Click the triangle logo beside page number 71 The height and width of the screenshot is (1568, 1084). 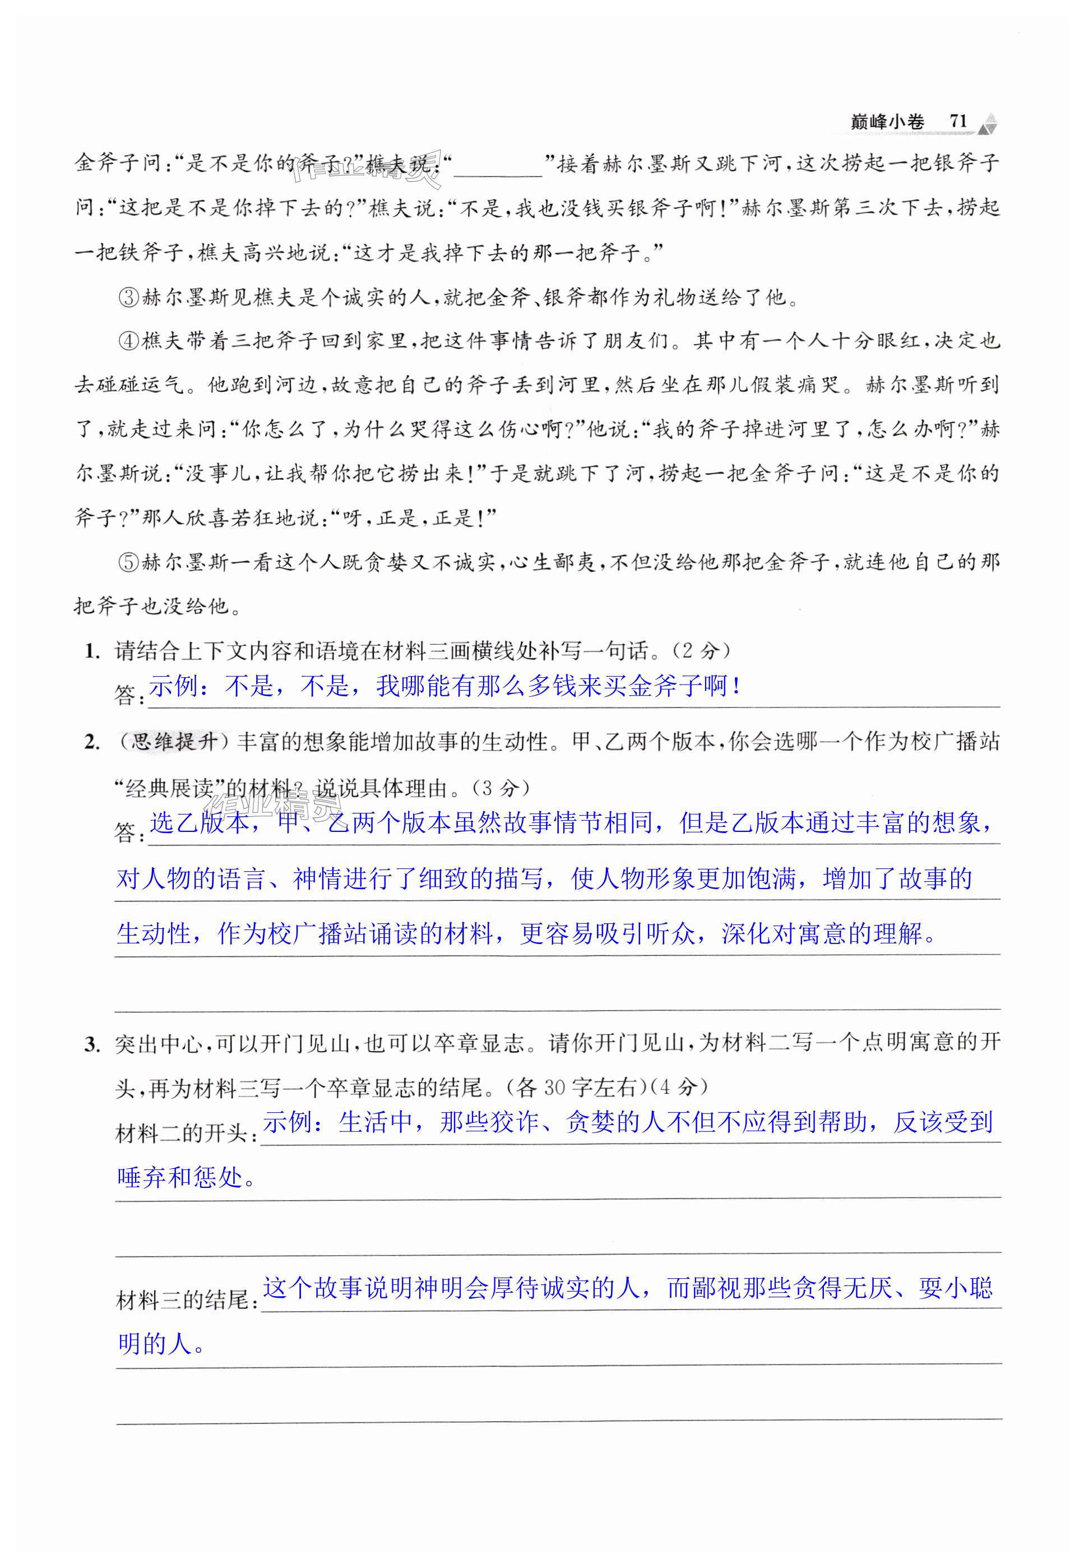(990, 123)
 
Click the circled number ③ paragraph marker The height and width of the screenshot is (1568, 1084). (128, 298)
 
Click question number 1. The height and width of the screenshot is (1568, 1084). (92, 652)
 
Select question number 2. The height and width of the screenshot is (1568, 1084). (92, 743)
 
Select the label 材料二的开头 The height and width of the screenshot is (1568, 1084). (186, 1134)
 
